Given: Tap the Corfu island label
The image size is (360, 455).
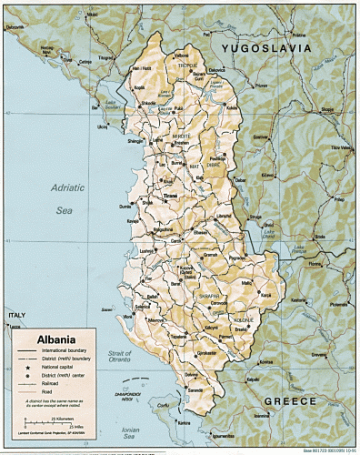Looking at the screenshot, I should coord(165,405).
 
